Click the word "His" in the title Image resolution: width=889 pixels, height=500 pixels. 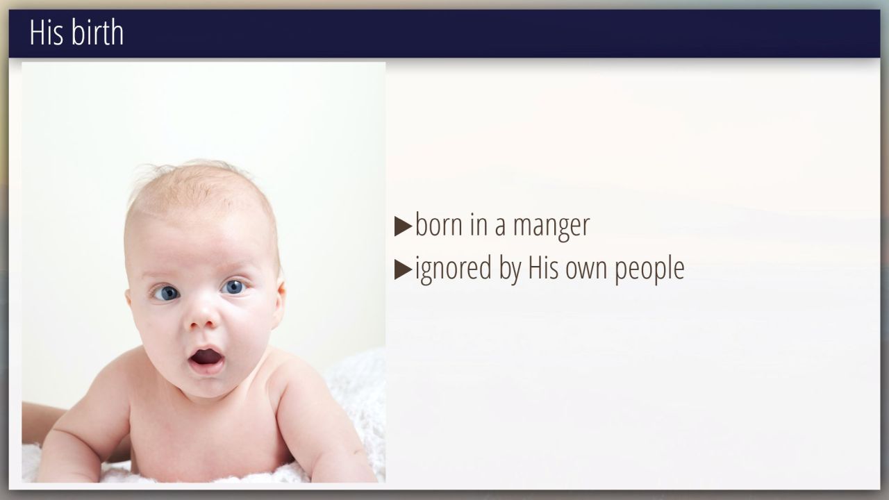point(47,33)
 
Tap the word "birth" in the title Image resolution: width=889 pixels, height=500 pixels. point(97,32)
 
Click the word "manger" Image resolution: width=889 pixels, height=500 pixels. point(551,227)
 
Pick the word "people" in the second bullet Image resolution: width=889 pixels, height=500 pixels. point(649,269)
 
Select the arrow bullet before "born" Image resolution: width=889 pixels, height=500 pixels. point(403,226)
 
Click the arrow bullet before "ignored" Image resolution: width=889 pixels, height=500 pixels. point(403,270)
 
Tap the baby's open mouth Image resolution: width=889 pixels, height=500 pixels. point(206,358)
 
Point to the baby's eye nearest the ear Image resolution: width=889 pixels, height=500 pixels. point(234,287)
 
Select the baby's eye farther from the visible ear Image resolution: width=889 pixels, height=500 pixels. point(166,293)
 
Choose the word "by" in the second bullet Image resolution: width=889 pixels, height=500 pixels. point(510,269)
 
